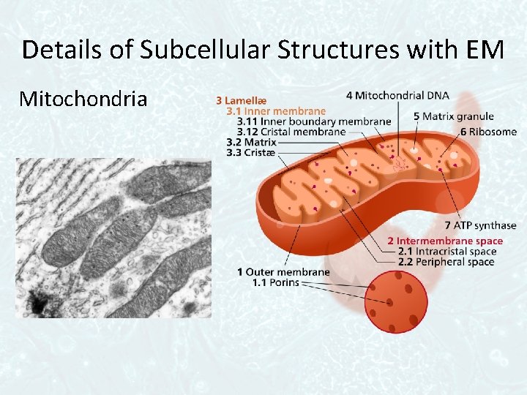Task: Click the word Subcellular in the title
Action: (x=193, y=50)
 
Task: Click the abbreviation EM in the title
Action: (x=483, y=50)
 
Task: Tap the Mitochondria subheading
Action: (x=83, y=98)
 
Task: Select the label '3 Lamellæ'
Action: (x=241, y=99)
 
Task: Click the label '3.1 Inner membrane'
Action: (x=276, y=110)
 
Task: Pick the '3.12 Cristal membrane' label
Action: (x=291, y=132)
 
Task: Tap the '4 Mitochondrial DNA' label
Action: (x=397, y=95)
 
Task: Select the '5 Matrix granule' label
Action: (x=453, y=116)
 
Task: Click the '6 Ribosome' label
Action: (x=488, y=132)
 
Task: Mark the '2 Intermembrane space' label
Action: (x=444, y=241)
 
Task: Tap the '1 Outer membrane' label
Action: (x=283, y=272)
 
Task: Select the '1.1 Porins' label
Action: (x=275, y=282)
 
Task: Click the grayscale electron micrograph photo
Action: (x=113, y=238)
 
